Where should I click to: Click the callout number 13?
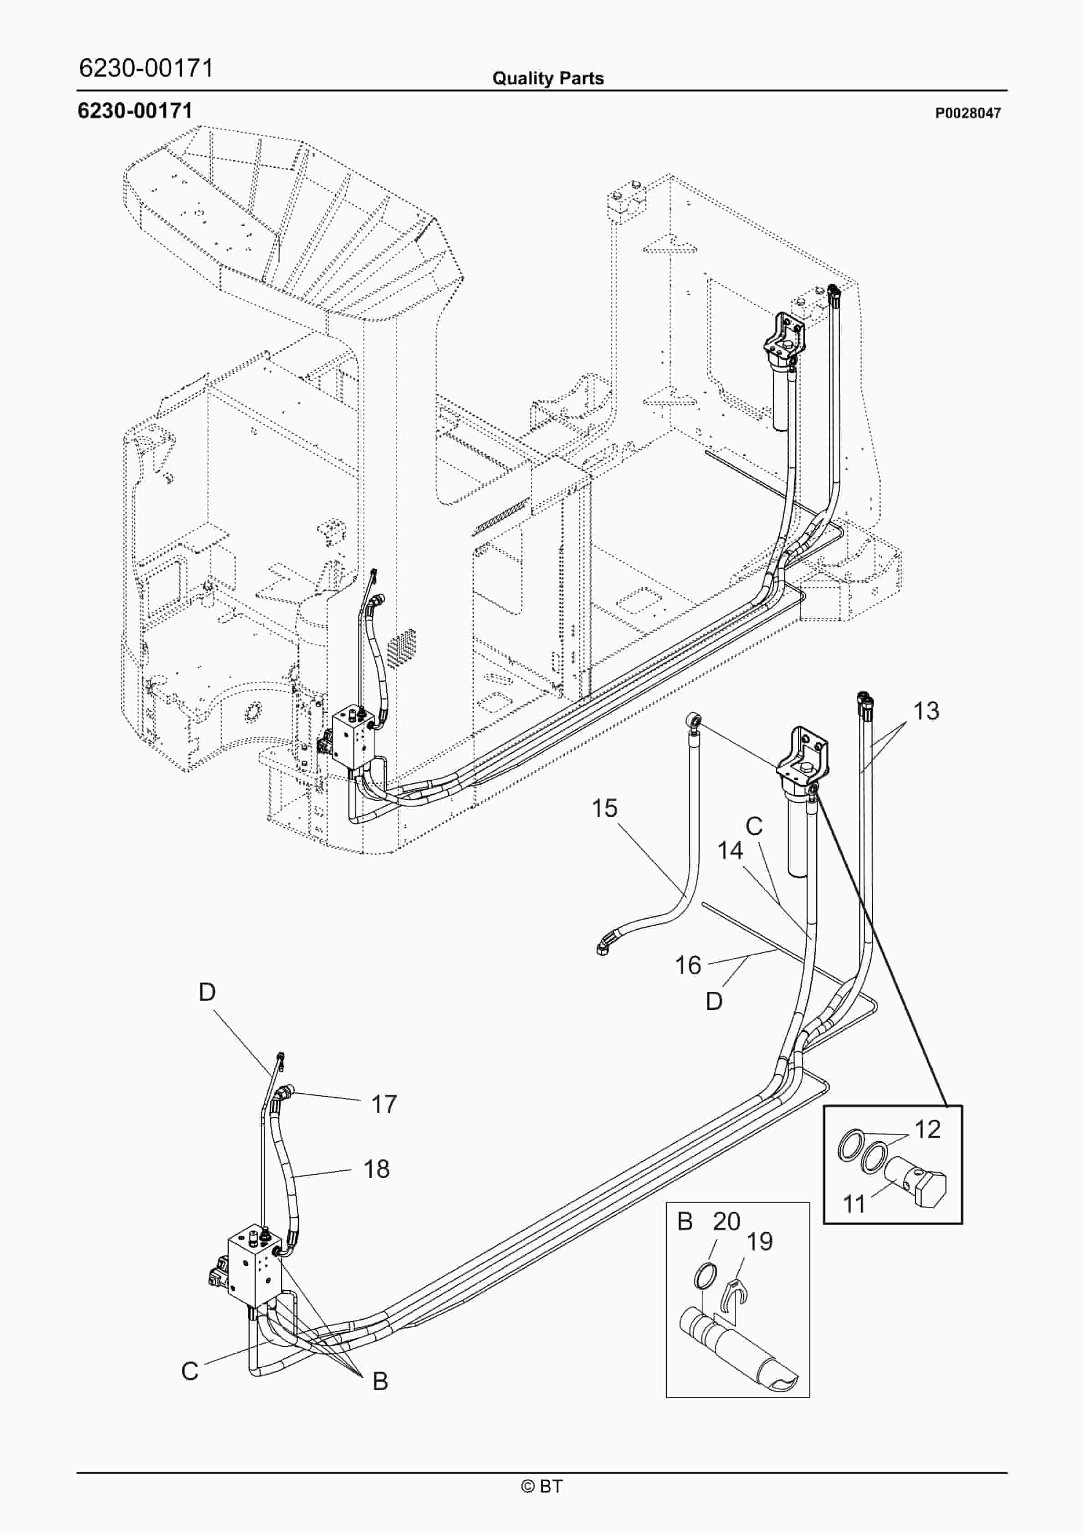[x=925, y=711]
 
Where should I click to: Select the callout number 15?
[x=604, y=809]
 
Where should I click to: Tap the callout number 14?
[x=730, y=851]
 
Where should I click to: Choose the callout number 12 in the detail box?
[x=927, y=1129]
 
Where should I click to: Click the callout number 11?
[x=854, y=1204]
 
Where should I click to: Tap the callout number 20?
[x=726, y=1221]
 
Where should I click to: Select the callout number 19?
[x=759, y=1241]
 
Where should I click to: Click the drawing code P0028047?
[x=968, y=113]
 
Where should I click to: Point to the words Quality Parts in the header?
[x=548, y=78]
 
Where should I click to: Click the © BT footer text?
[x=542, y=1486]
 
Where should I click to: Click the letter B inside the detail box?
[x=685, y=1221]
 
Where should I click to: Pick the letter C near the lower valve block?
[x=190, y=1371]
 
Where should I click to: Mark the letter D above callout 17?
[x=207, y=992]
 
